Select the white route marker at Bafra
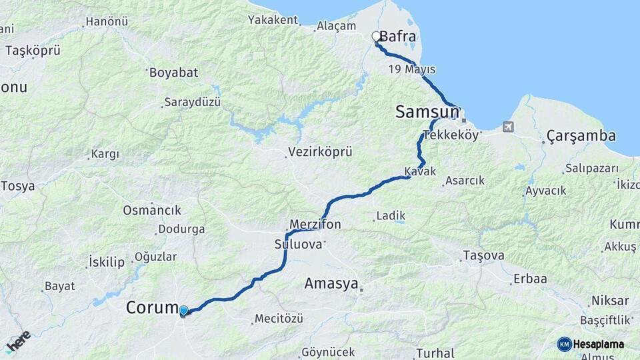[376, 37]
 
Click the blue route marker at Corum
[183, 310]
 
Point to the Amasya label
[331, 283]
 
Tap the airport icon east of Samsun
[509, 127]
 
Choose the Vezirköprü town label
[320, 152]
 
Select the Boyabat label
[173, 73]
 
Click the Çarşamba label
[581, 136]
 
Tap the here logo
[18, 341]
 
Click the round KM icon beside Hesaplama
[564, 344]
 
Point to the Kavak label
[420, 172]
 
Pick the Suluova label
[297, 244]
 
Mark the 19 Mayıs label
[411, 69]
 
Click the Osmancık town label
[152, 210]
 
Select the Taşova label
[484, 255]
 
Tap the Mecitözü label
[279, 319]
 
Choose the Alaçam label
[337, 25]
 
